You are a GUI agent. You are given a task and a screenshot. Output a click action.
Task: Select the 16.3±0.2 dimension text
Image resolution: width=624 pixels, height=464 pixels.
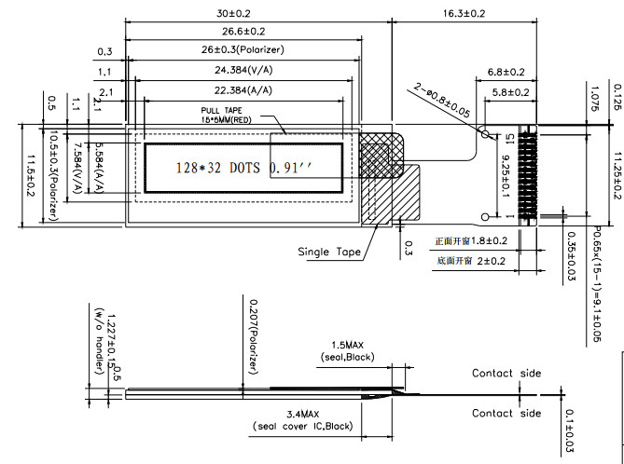(x=460, y=14)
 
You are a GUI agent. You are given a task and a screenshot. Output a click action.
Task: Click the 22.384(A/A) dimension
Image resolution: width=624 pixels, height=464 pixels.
(x=243, y=90)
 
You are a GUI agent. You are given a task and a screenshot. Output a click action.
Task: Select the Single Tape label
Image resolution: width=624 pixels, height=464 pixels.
(x=328, y=252)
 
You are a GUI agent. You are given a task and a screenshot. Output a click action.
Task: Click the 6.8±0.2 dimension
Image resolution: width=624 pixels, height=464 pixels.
(x=506, y=72)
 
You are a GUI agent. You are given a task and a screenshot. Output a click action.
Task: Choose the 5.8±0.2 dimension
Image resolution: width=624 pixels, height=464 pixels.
(x=509, y=91)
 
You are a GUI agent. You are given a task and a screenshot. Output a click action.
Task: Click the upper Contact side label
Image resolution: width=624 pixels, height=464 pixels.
(x=506, y=374)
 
